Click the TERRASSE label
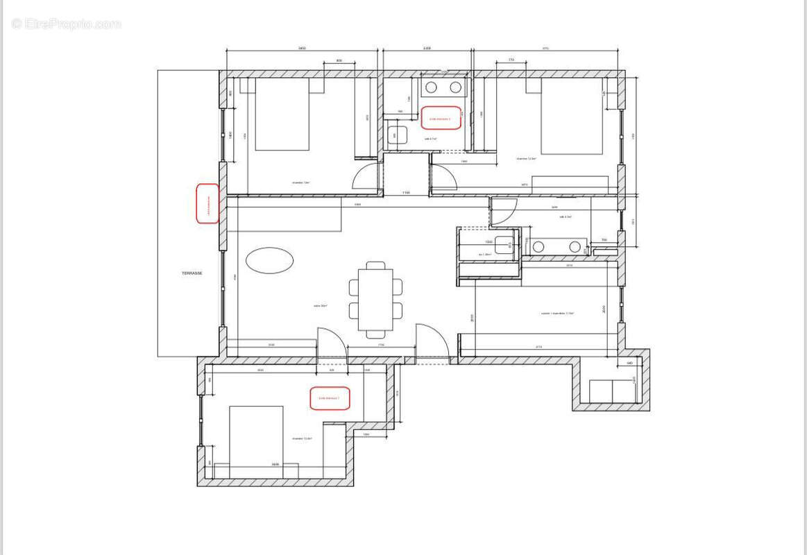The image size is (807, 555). [192, 273]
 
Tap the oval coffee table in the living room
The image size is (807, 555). [269, 260]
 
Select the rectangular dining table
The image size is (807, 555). [375, 299]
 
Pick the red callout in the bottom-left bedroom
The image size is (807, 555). [330, 398]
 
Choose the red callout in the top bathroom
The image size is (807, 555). [441, 118]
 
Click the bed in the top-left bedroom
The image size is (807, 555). [282, 114]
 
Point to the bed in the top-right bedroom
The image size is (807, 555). [572, 116]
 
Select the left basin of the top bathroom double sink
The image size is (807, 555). [430, 87]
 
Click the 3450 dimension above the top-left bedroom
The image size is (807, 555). [302, 49]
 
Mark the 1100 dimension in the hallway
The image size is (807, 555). [406, 192]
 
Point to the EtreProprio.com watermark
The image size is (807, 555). [67, 24]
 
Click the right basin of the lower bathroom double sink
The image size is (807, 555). [575, 246]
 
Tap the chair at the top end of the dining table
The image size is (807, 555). [375, 265]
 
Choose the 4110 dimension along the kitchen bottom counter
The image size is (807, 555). [538, 347]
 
